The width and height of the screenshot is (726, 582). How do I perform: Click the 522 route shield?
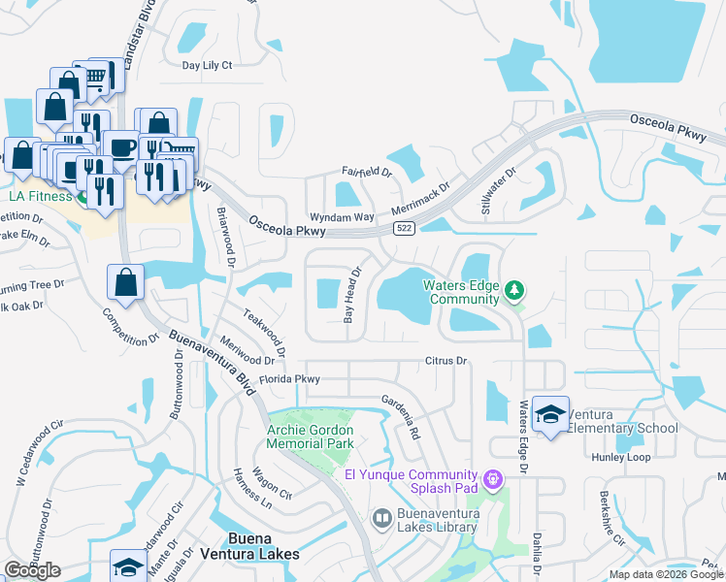405,228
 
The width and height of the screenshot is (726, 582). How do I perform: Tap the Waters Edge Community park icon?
514,289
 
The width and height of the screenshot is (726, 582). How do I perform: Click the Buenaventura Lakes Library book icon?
382,520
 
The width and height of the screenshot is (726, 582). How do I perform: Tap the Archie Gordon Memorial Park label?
311,436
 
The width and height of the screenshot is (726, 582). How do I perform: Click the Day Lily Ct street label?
208,66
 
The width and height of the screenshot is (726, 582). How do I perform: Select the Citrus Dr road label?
446,361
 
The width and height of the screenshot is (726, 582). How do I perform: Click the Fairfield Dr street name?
365,173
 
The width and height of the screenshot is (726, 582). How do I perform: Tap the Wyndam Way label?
341,216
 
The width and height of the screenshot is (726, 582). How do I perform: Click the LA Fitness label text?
41,197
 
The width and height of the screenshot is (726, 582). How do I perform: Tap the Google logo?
32,570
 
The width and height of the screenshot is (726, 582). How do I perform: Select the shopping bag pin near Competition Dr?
126,283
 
